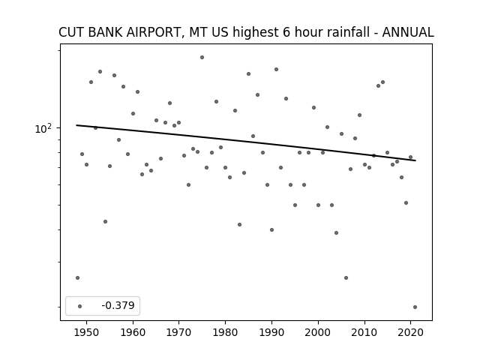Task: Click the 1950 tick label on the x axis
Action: click(87, 332)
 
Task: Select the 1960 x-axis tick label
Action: click(133, 332)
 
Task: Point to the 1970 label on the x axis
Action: click(179, 332)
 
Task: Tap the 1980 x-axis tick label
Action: click(225, 332)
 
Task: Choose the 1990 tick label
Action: click(271, 332)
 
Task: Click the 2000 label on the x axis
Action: click(318, 332)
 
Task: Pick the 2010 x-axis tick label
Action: click(364, 332)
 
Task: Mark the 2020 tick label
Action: click(410, 332)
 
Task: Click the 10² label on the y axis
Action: click(43, 128)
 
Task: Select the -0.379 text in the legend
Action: click(118, 305)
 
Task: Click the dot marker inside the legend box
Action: click(80, 306)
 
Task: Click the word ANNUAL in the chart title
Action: click(408, 32)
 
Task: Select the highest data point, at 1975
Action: click(202, 57)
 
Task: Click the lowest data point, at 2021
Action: click(415, 307)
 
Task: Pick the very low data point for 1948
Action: click(77, 278)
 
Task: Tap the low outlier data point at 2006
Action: click(346, 278)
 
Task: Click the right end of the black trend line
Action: click(415, 160)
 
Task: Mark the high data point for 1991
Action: click(276, 70)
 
